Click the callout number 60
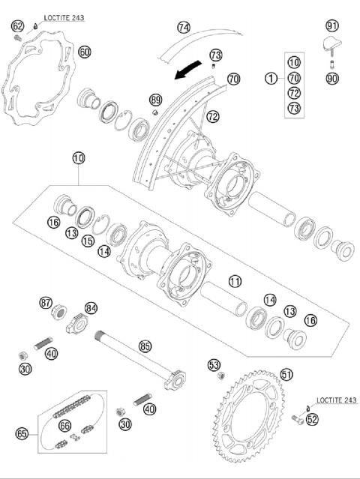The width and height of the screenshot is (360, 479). [84, 52]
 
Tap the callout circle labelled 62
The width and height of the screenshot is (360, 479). [17, 26]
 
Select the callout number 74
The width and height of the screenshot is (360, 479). [184, 27]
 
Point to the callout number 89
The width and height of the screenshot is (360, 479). [155, 100]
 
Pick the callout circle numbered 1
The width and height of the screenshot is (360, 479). [270, 77]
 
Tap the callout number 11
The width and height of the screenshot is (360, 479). [235, 282]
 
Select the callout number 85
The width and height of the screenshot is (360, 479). [145, 346]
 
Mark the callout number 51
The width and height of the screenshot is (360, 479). [286, 373]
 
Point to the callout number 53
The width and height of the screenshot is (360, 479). [214, 365]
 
